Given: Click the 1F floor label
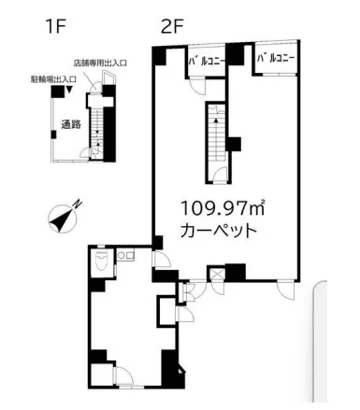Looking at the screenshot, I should tap(53, 27).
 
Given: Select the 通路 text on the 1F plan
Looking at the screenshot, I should tap(71, 123).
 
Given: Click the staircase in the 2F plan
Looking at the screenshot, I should tap(216, 141).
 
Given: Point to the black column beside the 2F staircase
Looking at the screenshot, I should tap(234, 144).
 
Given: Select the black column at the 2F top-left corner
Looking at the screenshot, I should tap(160, 57).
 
